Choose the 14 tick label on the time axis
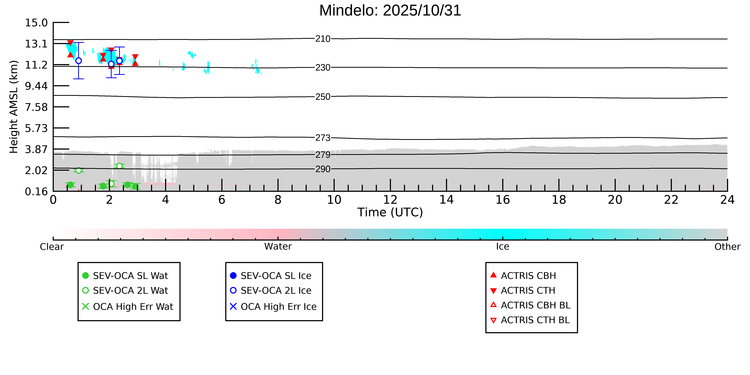tap(446, 200)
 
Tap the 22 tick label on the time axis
tap(671, 200)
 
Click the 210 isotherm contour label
tap(323, 39)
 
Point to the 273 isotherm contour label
tap(323, 138)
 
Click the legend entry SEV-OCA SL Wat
tap(130, 276)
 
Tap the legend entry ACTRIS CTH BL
tap(535, 320)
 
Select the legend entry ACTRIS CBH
tap(528, 276)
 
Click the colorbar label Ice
tap(503, 247)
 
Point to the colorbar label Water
tap(278, 247)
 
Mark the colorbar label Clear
tap(52, 247)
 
